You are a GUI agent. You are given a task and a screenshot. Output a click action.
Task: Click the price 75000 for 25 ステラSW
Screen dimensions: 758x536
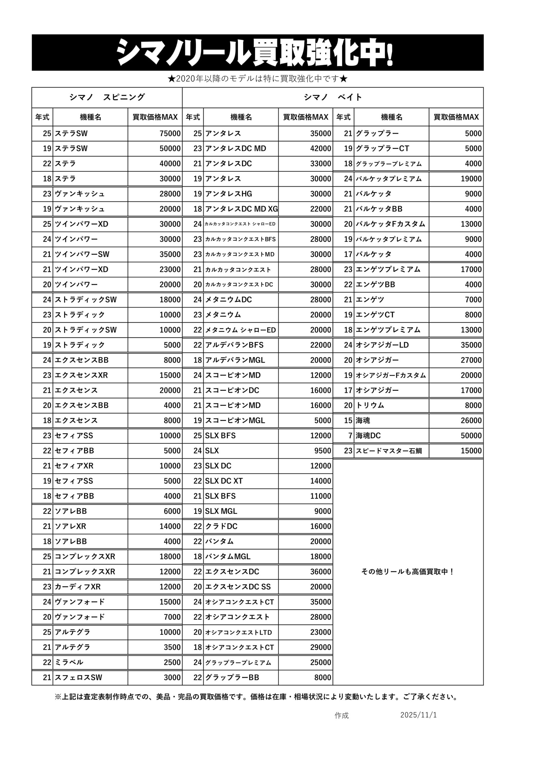point(170,133)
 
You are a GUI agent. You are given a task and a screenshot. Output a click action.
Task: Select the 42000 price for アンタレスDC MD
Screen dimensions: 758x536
point(320,149)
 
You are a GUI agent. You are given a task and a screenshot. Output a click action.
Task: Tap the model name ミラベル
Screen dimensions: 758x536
point(69,662)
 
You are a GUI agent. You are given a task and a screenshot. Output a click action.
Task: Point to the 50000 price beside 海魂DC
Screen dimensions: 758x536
point(471,436)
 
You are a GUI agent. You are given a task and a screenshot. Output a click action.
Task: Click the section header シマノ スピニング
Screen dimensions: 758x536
point(107,97)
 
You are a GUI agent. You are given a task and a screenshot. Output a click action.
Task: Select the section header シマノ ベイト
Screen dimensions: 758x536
point(333,97)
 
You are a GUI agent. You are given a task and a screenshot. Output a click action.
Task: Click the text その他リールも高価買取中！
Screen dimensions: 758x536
point(408,571)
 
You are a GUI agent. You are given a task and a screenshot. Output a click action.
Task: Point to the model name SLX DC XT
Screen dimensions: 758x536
point(224,481)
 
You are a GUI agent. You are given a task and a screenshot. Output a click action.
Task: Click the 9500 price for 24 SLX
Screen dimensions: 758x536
point(323,451)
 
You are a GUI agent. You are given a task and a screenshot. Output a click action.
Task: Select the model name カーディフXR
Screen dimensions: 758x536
point(78,587)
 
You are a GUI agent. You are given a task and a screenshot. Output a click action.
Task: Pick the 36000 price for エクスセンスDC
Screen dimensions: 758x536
point(320,571)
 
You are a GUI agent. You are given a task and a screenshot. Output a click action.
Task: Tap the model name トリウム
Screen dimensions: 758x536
point(370,405)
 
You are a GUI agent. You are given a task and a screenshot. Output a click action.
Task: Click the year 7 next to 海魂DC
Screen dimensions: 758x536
point(350,436)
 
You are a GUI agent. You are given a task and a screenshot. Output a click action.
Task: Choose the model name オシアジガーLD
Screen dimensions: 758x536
point(382,345)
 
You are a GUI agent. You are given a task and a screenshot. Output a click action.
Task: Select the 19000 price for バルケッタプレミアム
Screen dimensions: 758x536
point(471,179)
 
